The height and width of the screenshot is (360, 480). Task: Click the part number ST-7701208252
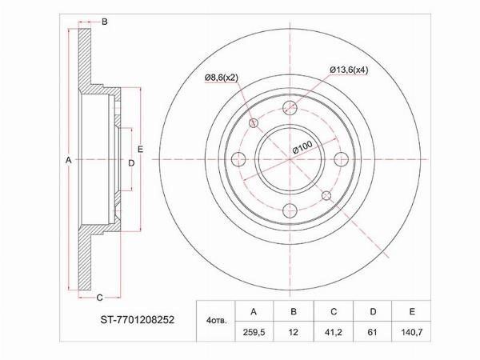point(137,320)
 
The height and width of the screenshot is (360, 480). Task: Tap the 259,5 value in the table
point(254,332)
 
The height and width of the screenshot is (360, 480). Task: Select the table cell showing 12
point(294,332)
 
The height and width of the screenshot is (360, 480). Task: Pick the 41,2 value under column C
point(334,332)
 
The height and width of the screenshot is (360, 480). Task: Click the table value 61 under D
point(372,332)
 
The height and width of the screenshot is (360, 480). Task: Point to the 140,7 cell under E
point(412,332)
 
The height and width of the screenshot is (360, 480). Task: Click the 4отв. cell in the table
point(217,321)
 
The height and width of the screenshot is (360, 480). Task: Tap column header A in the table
point(254,312)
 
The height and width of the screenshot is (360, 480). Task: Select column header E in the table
point(412,312)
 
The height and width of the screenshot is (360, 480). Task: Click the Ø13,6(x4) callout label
point(349,70)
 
